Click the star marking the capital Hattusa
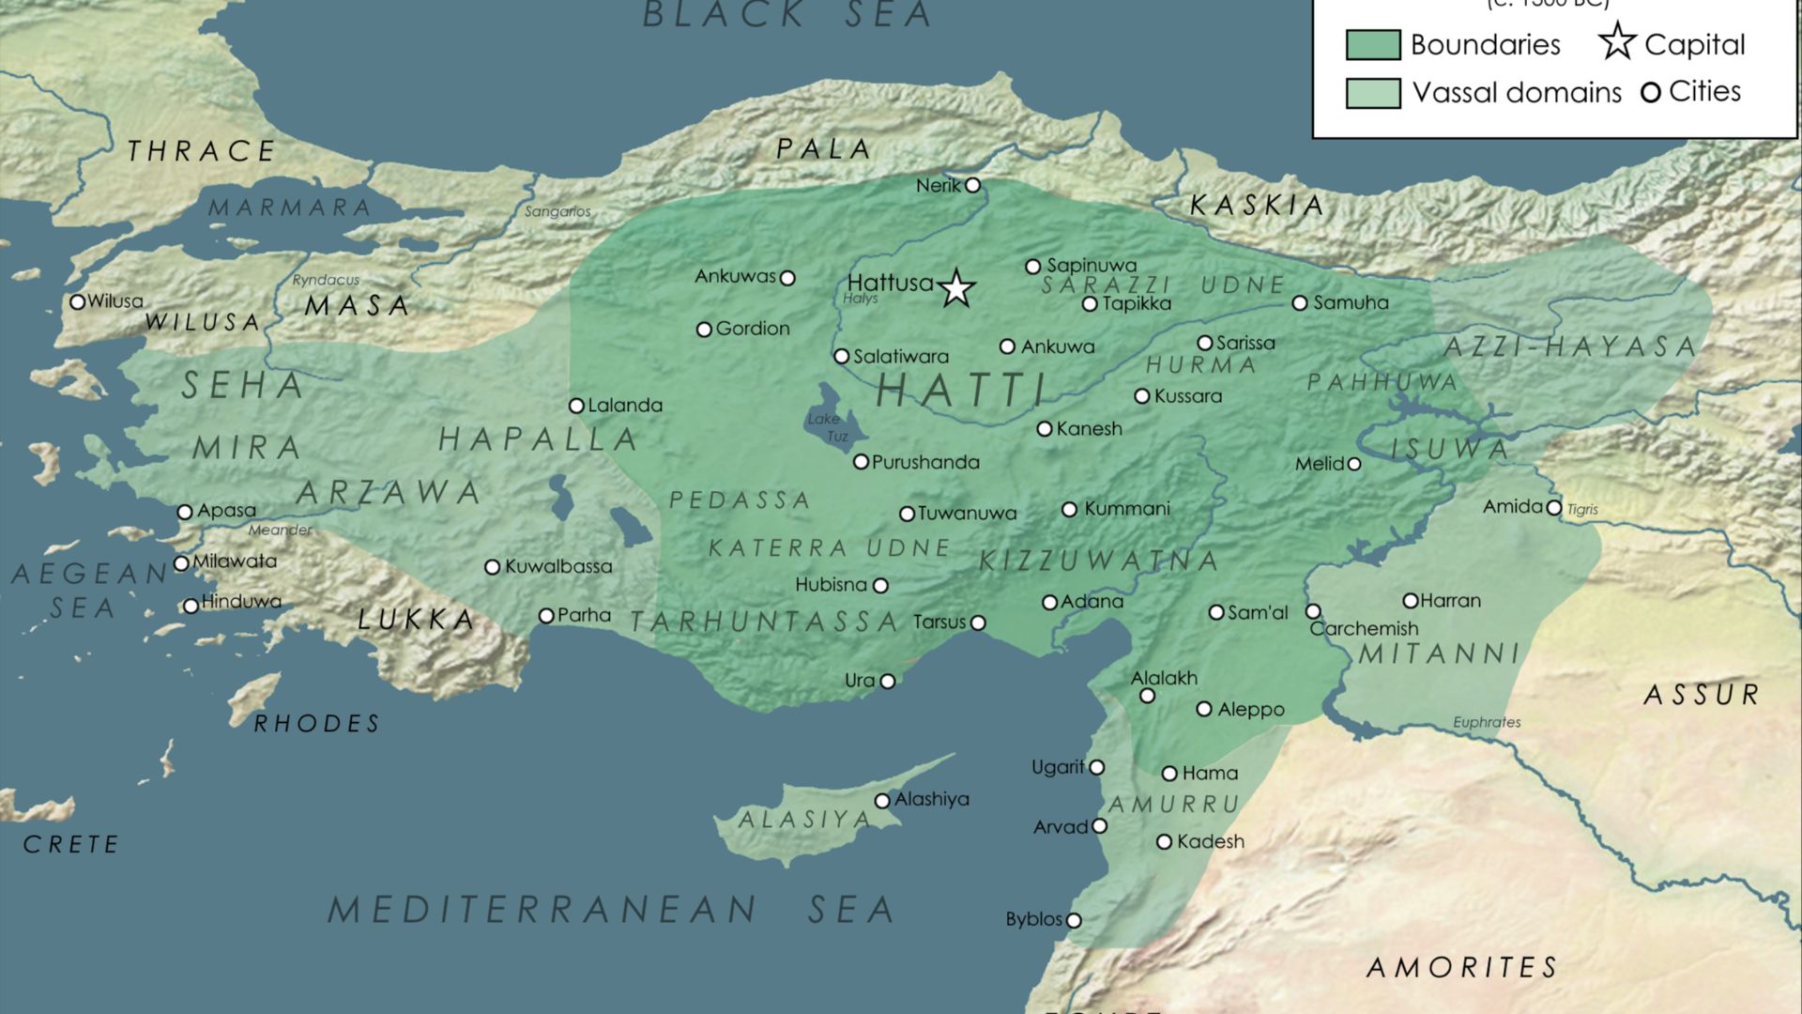pyautogui.click(x=956, y=288)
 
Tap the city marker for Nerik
pyautogui.click(x=973, y=185)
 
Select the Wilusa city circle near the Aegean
pyautogui.click(x=78, y=302)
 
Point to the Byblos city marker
pyautogui.click(x=1074, y=921)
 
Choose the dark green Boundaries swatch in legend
pyautogui.click(x=1373, y=45)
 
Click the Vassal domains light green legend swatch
pyautogui.click(x=1373, y=93)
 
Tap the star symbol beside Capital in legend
pyautogui.click(x=1617, y=42)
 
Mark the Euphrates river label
pyautogui.click(x=1487, y=722)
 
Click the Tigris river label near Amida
pyautogui.click(x=1582, y=509)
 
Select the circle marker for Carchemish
pyautogui.click(x=1313, y=611)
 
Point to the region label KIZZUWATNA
pyautogui.click(x=1098, y=561)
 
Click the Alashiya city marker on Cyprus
pyautogui.click(x=882, y=801)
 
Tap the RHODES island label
pyautogui.click(x=317, y=724)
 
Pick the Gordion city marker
pyautogui.click(x=704, y=330)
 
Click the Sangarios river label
pyautogui.click(x=557, y=212)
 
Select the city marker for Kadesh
pyautogui.click(x=1164, y=842)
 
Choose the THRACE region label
pyautogui.click(x=202, y=151)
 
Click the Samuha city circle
pyautogui.click(x=1300, y=303)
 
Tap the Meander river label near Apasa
pyautogui.click(x=280, y=530)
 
